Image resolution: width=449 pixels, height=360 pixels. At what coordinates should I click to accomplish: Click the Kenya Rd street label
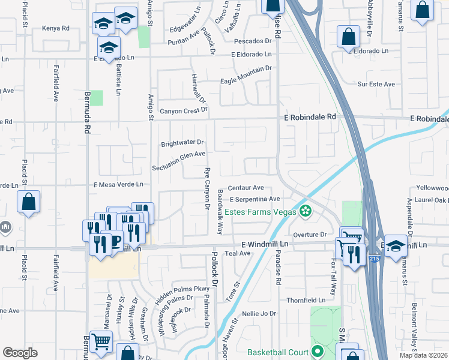(56, 28)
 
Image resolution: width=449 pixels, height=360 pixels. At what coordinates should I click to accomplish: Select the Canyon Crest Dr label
(183, 110)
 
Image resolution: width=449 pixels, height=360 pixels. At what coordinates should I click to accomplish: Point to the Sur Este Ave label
(376, 85)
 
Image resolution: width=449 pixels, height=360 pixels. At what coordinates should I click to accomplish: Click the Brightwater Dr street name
(182, 144)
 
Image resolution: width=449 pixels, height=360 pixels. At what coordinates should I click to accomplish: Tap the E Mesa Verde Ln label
(118, 185)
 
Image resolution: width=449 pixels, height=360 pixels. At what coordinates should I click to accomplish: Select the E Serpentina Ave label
(255, 199)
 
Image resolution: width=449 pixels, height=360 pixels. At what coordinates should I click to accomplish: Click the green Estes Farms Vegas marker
(306, 211)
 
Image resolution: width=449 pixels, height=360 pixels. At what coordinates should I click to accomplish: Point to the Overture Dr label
(310, 234)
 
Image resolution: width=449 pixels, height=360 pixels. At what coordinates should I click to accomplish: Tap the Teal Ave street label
(237, 254)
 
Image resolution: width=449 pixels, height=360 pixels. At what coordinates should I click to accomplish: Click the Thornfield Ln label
(306, 300)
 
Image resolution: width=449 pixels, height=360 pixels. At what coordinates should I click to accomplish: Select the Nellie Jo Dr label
(259, 314)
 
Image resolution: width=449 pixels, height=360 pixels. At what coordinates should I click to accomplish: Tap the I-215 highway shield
(373, 259)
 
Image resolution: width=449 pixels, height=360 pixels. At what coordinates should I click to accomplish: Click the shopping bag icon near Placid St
(28, 202)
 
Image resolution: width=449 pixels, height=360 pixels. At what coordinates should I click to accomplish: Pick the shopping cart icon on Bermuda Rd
(101, 341)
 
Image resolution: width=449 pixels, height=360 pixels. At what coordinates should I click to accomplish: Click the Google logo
(20, 352)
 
